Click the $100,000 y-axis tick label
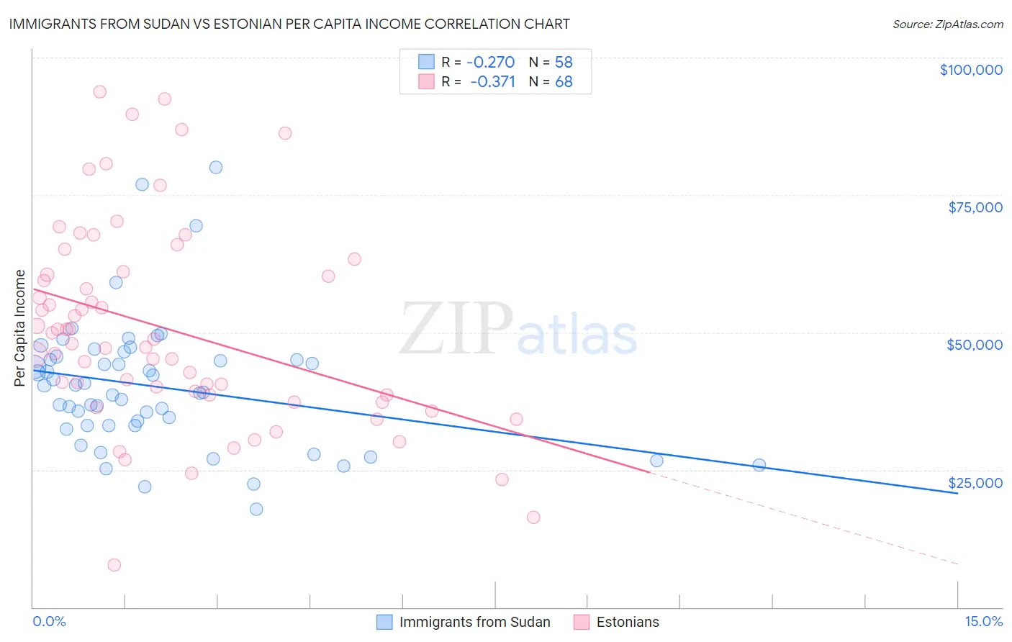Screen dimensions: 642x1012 (971, 70)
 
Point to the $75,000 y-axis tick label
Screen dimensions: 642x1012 (975, 207)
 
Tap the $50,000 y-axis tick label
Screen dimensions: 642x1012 (975, 345)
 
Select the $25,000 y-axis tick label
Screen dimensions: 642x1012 (975, 482)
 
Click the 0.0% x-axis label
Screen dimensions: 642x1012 (49, 621)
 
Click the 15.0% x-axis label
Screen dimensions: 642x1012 (983, 621)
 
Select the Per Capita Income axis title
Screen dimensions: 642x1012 (20, 327)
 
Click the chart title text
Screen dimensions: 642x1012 (289, 24)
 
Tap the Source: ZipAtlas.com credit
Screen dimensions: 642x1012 (947, 24)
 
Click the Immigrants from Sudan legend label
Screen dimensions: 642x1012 (474, 622)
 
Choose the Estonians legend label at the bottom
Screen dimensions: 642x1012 (628, 622)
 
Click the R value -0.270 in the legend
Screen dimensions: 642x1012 (491, 63)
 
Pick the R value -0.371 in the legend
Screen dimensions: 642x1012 (492, 81)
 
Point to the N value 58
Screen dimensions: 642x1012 (564, 63)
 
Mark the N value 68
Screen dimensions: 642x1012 (564, 81)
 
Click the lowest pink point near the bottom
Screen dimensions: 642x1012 (114, 565)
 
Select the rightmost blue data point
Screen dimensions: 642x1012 (759, 465)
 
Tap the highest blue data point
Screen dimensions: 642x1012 (215, 167)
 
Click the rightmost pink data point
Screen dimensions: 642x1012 (533, 517)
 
